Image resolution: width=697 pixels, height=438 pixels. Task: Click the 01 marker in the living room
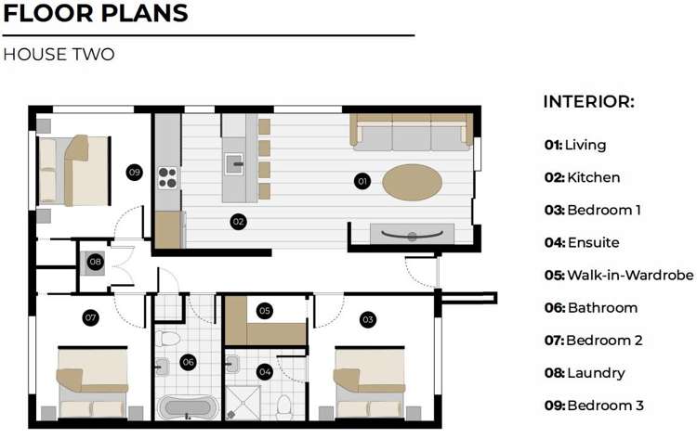click(362, 181)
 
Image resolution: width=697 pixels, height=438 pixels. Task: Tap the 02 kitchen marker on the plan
click(238, 222)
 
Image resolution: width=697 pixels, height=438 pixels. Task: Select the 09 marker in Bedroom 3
click(134, 173)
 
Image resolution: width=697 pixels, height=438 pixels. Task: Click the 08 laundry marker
click(95, 262)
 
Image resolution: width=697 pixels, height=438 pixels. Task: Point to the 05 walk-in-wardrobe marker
click(265, 311)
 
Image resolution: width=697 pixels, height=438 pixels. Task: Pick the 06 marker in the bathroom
click(188, 362)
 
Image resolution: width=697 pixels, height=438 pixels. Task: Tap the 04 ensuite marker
click(265, 371)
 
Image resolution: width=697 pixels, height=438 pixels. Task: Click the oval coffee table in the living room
click(412, 183)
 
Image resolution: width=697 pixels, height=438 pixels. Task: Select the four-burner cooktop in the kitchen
click(167, 178)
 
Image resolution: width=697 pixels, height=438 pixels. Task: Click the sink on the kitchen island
click(234, 164)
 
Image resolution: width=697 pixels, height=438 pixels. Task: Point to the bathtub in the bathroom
click(188, 407)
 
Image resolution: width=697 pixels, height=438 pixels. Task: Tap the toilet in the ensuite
click(284, 407)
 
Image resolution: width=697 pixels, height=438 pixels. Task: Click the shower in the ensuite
click(243, 403)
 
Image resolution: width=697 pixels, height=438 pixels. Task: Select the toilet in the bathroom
click(168, 338)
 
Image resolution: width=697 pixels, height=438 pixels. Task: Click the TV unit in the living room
click(412, 234)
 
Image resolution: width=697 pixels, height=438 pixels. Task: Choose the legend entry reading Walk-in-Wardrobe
click(619, 275)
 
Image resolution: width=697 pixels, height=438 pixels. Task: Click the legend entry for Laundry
click(585, 373)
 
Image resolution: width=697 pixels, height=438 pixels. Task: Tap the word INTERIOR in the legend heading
click(588, 102)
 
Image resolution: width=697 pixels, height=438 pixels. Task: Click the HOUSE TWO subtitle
click(59, 55)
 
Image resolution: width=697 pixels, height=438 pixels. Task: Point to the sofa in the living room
click(412, 133)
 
